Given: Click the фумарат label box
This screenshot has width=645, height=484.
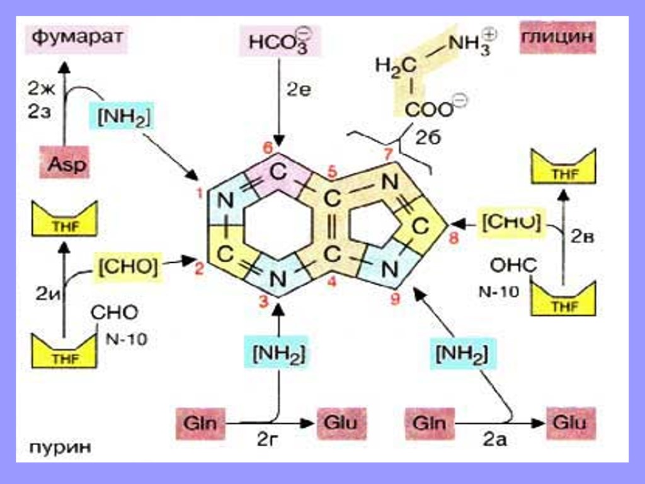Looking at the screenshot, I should pyautogui.click(x=76, y=39).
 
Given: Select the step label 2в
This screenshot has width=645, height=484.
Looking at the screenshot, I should pyautogui.click(x=583, y=236).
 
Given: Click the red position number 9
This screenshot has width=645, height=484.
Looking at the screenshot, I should pyautogui.click(x=395, y=299).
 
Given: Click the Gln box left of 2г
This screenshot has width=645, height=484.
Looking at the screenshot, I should pyautogui.click(x=200, y=422).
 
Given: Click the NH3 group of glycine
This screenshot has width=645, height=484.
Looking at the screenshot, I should pyautogui.click(x=471, y=44).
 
